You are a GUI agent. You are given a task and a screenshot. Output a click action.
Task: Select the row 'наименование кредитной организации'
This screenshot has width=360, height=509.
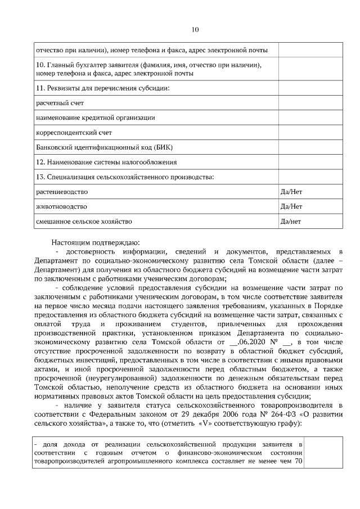tap(95, 118)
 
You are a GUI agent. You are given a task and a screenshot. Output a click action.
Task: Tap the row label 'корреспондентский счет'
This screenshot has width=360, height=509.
tap(74, 133)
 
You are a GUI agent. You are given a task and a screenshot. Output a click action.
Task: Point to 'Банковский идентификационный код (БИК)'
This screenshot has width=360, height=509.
tap(104, 147)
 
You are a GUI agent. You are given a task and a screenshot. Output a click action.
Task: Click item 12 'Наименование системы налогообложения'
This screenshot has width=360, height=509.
tap(106, 162)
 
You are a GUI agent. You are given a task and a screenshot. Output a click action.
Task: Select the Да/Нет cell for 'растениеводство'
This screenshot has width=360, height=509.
tap(291, 192)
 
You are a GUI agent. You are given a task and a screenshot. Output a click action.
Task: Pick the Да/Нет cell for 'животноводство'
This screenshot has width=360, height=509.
tap(291, 206)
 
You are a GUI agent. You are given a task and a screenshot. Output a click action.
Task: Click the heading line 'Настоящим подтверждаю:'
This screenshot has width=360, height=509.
tap(92, 242)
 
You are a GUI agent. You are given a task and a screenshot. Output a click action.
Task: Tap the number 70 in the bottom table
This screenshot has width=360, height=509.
tap(299, 461)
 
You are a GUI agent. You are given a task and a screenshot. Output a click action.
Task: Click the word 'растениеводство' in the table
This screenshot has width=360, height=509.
tap(62, 192)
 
